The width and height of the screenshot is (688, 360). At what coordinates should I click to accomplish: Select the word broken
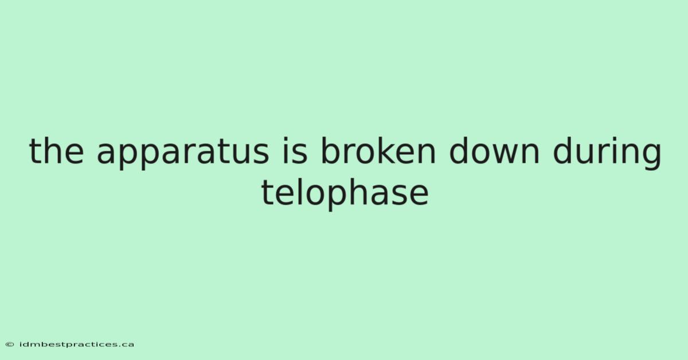(x=378, y=151)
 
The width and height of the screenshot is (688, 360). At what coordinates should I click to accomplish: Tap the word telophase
(x=345, y=193)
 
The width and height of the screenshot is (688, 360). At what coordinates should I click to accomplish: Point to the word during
(x=607, y=152)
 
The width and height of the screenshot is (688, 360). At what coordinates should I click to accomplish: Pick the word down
(x=494, y=151)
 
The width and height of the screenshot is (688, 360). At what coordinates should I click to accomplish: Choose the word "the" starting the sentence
(x=56, y=151)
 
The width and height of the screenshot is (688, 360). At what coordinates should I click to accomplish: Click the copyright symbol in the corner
(x=10, y=345)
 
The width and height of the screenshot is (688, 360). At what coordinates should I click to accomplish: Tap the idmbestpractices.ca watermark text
(x=77, y=345)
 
